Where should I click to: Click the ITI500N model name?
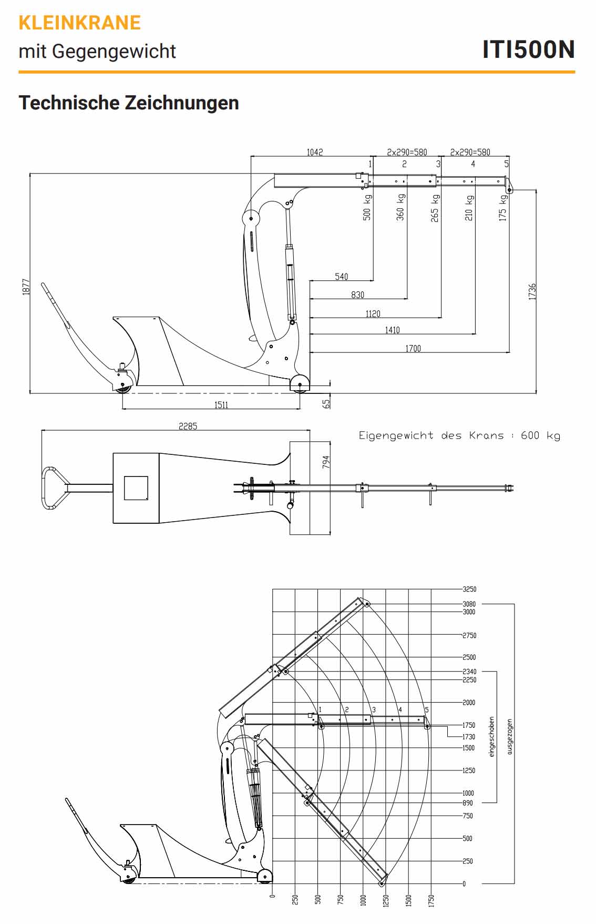point(528,49)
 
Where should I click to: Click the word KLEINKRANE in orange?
point(79,23)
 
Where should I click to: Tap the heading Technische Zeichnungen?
point(129,103)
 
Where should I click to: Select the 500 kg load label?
point(367,207)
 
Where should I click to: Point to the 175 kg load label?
point(502,208)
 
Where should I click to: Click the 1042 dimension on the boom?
point(314,152)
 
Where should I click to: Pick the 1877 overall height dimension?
point(26,287)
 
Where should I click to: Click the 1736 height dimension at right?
point(532,291)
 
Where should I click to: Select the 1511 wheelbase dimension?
point(221,405)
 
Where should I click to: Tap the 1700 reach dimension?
point(413,348)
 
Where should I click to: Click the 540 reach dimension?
point(341,277)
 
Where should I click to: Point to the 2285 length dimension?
point(188,426)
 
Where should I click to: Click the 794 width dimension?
point(326,462)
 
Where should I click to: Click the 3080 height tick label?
point(469,604)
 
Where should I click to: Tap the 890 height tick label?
point(467,803)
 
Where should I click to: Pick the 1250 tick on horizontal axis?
point(386,900)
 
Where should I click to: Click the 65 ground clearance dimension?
point(326,403)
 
